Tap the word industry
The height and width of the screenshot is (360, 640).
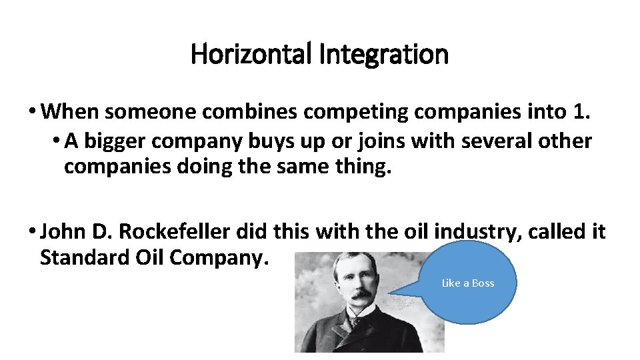(472, 232)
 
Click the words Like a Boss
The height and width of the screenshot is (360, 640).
(468, 283)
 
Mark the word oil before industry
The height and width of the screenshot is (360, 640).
(417, 232)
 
